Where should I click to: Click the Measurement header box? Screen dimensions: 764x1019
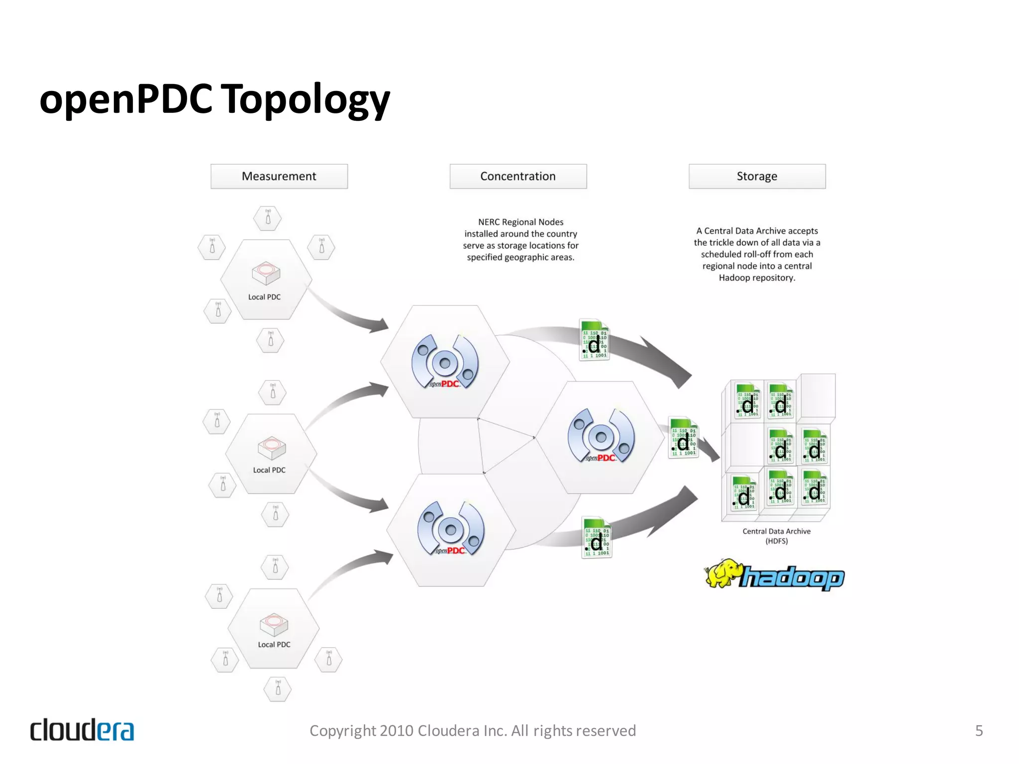(x=279, y=177)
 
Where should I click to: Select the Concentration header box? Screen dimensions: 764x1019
(x=518, y=177)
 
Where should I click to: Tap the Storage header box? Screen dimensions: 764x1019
(x=757, y=177)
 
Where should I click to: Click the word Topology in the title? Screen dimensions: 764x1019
(x=305, y=99)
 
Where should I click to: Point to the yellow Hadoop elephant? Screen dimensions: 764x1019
(x=722, y=573)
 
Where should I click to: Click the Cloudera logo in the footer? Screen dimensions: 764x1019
(x=82, y=730)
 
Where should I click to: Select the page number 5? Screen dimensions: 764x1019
(x=979, y=730)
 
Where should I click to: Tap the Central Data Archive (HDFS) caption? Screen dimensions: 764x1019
(x=776, y=536)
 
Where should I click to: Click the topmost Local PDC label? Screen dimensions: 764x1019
(x=264, y=297)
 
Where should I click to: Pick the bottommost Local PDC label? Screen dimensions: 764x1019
(x=274, y=645)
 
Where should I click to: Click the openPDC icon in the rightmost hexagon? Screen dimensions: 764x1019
(x=601, y=436)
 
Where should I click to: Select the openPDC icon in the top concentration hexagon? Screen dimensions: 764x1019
(x=445, y=362)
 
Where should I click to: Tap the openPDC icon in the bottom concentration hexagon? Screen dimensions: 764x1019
(x=451, y=529)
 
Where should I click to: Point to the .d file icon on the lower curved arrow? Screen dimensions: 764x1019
(x=596, y=538)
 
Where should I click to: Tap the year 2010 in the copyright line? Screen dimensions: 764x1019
(x=397, y=730)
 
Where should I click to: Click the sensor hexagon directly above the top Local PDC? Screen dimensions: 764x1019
(x=268, y=218)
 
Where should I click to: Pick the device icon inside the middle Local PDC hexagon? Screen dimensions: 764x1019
(x=272, y=448)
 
